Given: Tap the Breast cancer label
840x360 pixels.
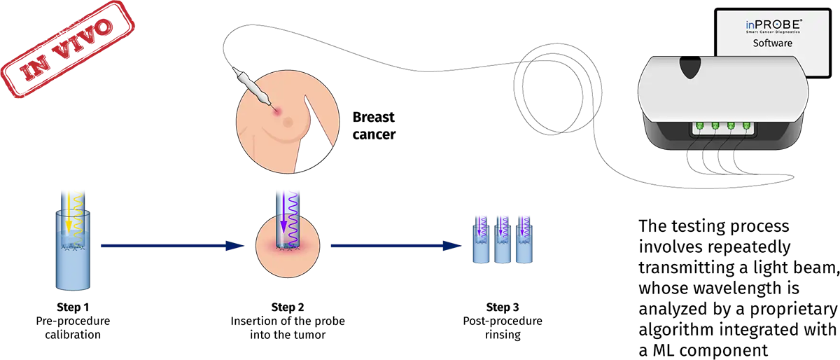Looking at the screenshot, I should click(x=374, y=125).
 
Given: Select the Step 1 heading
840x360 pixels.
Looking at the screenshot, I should click(x=72, y=307).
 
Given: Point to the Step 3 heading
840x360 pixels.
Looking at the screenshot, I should click(x=503, y=307).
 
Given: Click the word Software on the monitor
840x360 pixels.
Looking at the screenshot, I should click(x=772, y=43).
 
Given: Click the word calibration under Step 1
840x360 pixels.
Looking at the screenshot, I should click(x=73, y=335).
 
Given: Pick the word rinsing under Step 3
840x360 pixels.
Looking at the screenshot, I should click(x=503, y=335).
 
